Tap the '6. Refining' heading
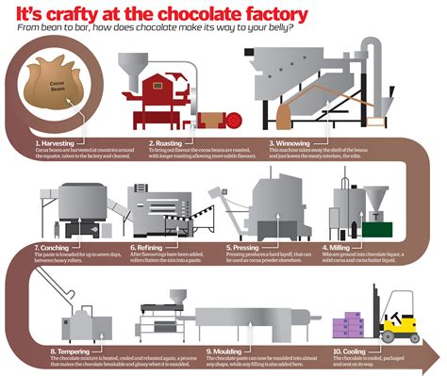tap(149, 248)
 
